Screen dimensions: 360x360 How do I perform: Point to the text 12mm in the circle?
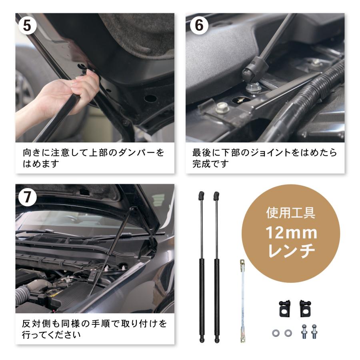[292, 233]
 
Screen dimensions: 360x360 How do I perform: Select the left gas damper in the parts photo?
[202, 280]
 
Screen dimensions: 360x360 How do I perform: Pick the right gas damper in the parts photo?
[216, 280]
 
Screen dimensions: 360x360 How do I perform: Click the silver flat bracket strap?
[242, 300]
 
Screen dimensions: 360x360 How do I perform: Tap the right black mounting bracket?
[305, 308]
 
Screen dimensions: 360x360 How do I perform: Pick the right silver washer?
[288, 333]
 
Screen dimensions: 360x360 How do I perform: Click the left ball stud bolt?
[304, 332]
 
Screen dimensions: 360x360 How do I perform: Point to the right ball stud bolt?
[314, 332]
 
